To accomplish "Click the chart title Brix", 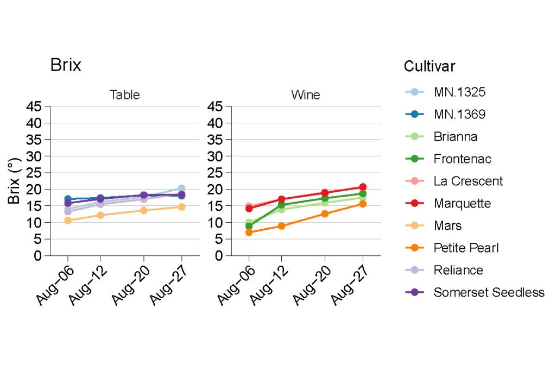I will point(66,65).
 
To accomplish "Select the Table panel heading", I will point(125,95).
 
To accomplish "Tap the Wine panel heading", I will point(306,95).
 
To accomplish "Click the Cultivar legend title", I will point(429,66).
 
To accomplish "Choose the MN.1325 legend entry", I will point(459,92).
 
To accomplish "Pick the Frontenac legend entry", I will point(462,159).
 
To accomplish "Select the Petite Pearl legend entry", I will point(466,248).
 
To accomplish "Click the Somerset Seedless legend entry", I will point(489,293).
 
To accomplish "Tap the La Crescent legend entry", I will point(468,181).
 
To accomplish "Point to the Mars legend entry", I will point(448,226).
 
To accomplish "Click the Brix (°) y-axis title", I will point(14,181).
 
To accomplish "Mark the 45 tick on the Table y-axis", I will point(34,106).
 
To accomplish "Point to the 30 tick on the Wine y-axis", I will point(216,156).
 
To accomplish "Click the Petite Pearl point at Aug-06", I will point(249,232).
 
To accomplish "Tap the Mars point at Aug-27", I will point(181,207).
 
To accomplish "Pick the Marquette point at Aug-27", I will point(362,187).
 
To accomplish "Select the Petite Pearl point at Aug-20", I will point(325,213).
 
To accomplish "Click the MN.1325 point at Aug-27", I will point(181,188).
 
